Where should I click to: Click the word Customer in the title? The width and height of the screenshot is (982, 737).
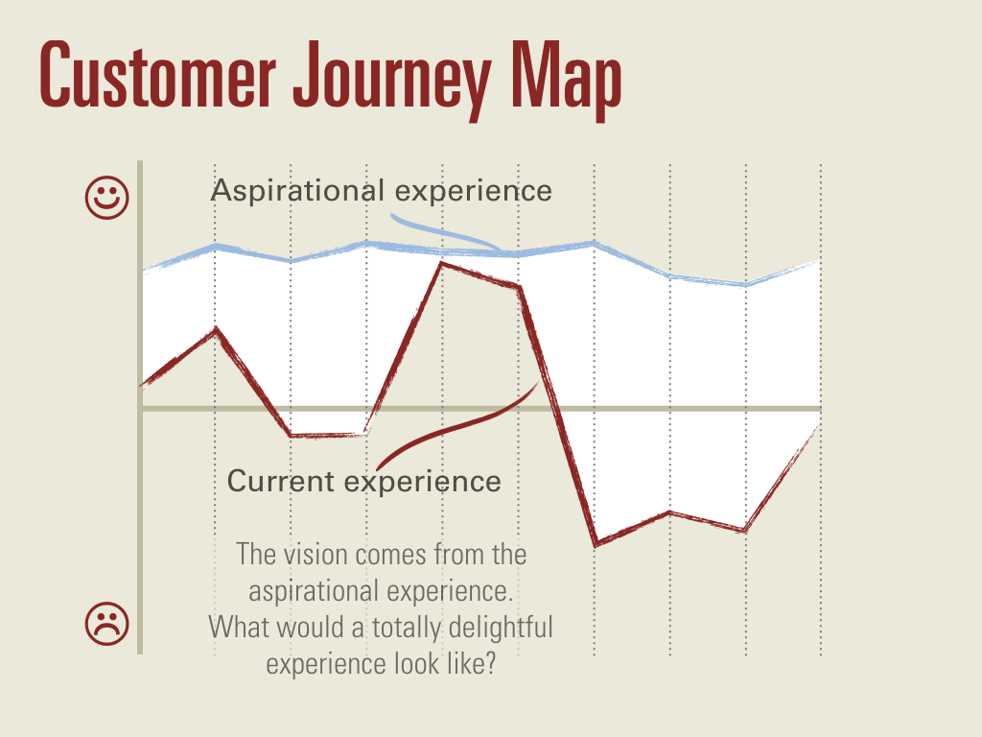(x=158, y=75)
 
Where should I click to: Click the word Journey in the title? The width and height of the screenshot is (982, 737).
(x=392, y=80)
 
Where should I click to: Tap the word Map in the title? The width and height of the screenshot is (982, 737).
(x=566, y=80)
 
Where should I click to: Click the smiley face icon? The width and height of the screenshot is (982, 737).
(x=107, y=198)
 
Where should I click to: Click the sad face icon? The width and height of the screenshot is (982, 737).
(x=107, y=624)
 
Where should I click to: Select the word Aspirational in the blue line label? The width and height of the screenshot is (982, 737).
(x=297, y=191)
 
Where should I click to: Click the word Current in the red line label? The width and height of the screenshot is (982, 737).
(x=281, y=482)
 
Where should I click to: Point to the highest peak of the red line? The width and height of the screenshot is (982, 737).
(x=442, y=263)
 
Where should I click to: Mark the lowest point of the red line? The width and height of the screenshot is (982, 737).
(x=596, y=544)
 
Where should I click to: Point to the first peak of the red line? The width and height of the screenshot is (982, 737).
(x=216, y=328)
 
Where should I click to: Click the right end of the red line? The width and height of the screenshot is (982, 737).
(x=820, y=425)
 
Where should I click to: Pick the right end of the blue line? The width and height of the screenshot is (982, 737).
(x=820, y=261)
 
